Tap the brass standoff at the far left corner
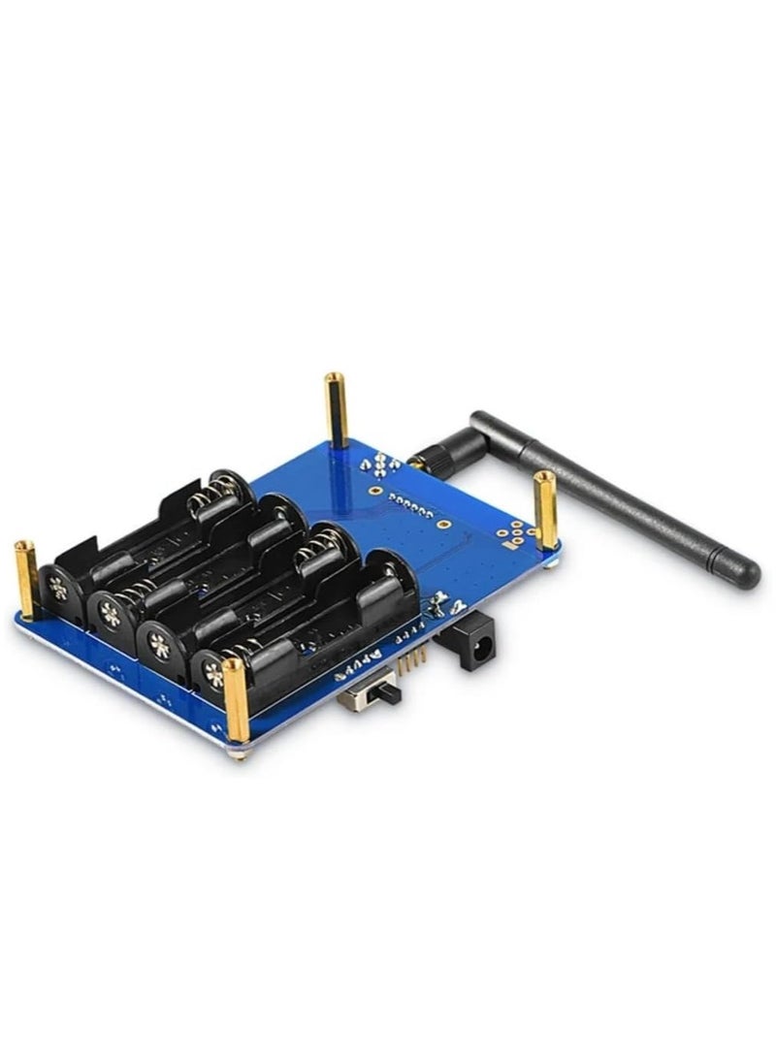pyautogui.click(x=25, y=579)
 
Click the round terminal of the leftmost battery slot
pyautogui.click(x=57, y=587)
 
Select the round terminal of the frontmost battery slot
pyautogui.click(x=213, y=674)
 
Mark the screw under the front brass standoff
pyautogui.click(x=237, y=749)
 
